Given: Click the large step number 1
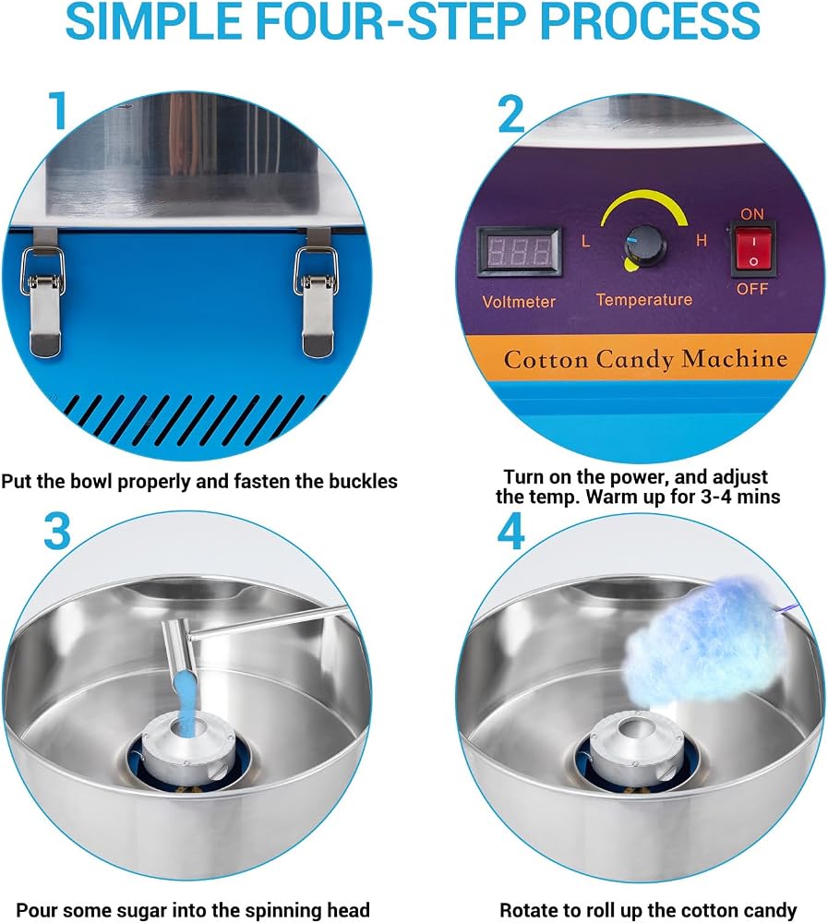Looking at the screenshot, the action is coord(58,110).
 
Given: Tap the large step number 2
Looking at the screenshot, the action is coord(510,114).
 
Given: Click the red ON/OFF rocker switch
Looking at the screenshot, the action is coord(753,249).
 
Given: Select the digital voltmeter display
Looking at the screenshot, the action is coord(519,251).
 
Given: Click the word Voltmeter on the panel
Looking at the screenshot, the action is coord(519,302).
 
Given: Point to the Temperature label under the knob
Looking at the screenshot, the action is coord(644,300).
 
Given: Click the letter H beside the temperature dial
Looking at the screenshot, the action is coord(701,240).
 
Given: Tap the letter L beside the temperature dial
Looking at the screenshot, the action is coord(585,241).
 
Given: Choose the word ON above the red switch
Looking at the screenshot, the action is coord(752,214).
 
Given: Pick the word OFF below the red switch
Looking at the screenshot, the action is coord(752,289).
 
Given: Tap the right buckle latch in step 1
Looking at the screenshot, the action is coord(317,293).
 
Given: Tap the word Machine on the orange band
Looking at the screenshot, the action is coord(734,358).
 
